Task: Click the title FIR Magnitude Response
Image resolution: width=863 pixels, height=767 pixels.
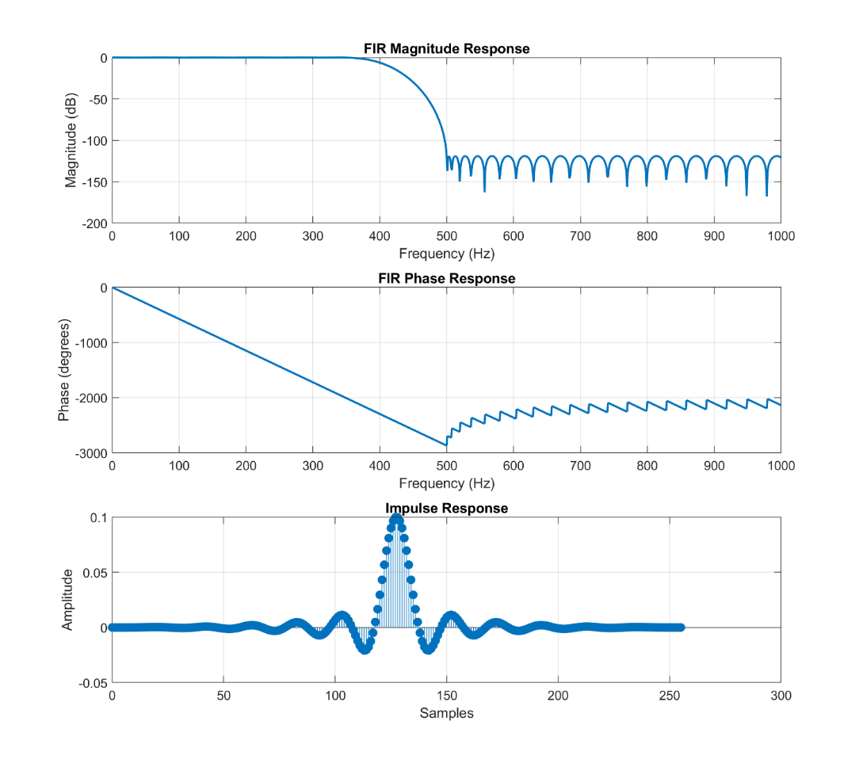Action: (x=446, y=49)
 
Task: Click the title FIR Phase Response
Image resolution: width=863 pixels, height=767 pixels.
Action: (x=446, y=279)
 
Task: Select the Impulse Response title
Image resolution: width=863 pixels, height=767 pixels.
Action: (x=446, y=508)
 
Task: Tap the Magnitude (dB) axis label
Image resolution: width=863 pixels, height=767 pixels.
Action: (x=72, y=141)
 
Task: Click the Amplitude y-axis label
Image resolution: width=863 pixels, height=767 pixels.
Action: (x=67, y=600)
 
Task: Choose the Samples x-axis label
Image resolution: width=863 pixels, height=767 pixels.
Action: (x=446, y=713)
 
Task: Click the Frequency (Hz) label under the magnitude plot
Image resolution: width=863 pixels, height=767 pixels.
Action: (x=446, y=254)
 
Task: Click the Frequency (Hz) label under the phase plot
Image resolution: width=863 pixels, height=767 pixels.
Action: (x=446, y=483)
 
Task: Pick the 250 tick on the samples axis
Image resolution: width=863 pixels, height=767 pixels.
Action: (x=670, y=695)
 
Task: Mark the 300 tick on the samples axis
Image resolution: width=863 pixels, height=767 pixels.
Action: (x=781, y=695)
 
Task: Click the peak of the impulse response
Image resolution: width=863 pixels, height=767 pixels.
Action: (x=396, y=518)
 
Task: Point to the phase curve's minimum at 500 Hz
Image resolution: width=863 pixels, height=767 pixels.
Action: (x=446, y=445)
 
